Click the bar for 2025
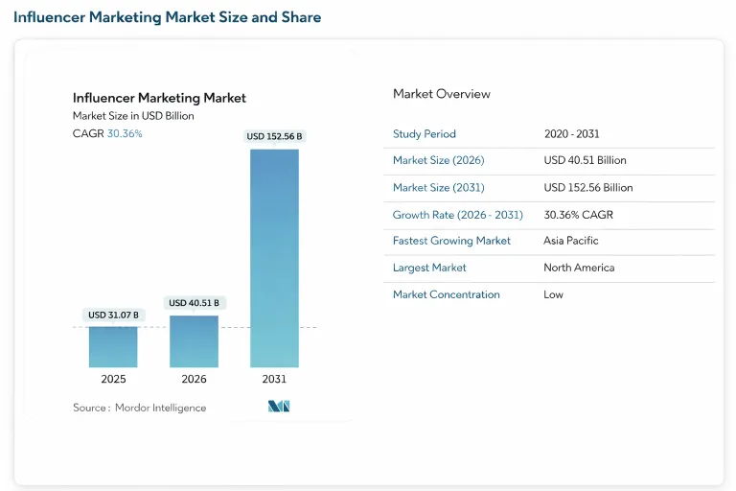pos(113,347)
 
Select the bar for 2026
pos(194,341)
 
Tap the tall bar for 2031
pos(274,258)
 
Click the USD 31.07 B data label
pos(113,315)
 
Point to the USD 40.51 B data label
pos(194,303)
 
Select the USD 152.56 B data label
pos(274,136)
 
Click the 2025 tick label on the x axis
pos(113,380)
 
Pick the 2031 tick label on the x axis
pos(274,380)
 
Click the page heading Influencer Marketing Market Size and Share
pos(168,17)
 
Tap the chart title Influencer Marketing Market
pos(159,98)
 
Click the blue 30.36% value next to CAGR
pos(125,134)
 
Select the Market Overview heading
pos(441,94)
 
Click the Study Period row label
pos(425,134)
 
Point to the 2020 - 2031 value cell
pos(571,134)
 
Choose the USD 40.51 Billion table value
pos(585,161)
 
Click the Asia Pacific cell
pos(570,241)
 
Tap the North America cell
pos(579,268)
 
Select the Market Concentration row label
pos(446,294)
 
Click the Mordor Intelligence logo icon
pos(279,407)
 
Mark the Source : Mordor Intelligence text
pos(139,408)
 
